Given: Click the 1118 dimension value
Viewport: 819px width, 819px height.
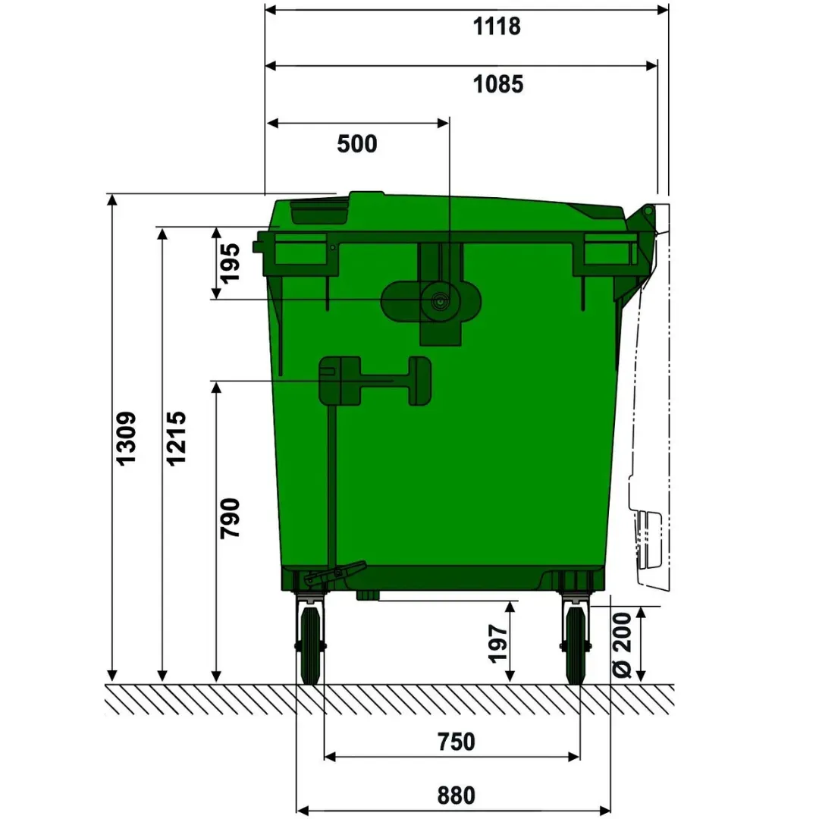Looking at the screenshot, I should click(497, 27).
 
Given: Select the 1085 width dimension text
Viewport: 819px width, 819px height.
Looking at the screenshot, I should click(498, 83).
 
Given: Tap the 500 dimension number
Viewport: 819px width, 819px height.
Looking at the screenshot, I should click(357, 143).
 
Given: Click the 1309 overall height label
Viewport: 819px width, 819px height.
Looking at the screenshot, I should click(126, 438).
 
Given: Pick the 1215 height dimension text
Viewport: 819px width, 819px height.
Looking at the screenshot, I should click(176, 438).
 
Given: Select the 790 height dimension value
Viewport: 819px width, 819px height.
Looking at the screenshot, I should click(229, 518).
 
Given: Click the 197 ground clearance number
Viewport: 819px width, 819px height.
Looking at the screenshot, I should click(498, 643).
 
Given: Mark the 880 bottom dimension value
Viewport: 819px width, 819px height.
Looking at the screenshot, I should click(457, 795).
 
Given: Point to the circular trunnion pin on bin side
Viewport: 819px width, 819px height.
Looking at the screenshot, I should click(439, 301).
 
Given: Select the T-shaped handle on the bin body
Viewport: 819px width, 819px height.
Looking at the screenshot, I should click(375, 379).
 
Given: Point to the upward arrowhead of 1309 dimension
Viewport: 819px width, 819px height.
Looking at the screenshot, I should click(112, 200).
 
